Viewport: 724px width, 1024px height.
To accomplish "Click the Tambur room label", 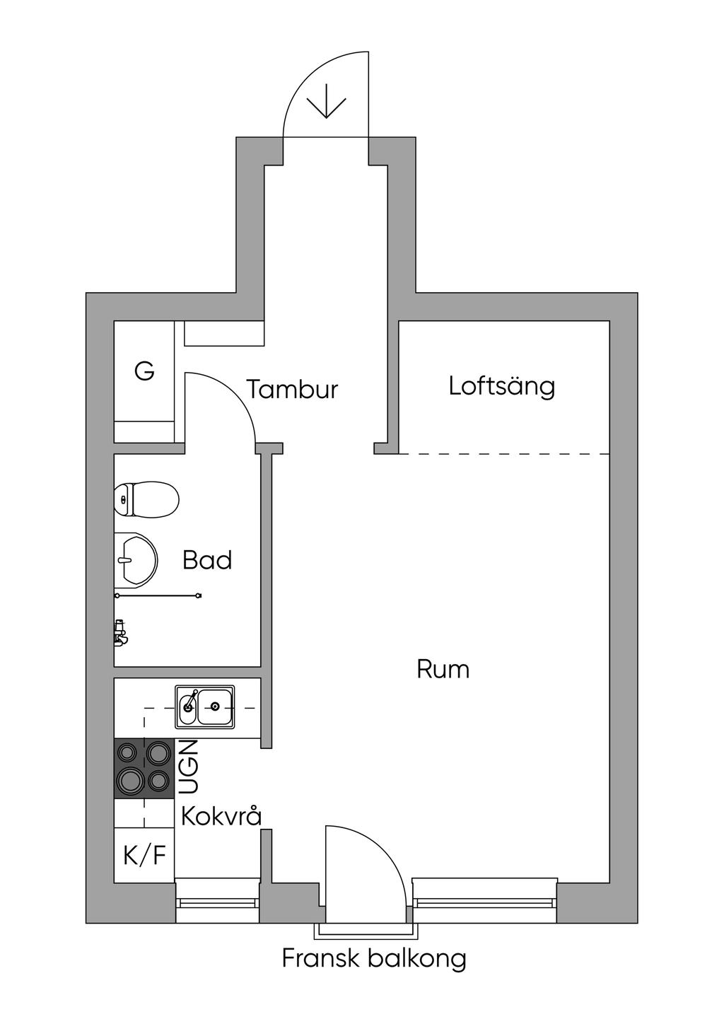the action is pos(293,390).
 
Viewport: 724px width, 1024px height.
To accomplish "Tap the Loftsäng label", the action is pos(502,386).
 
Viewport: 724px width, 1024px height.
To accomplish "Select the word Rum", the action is pos(443,670).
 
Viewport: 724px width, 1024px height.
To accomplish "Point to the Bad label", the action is pos(207,560).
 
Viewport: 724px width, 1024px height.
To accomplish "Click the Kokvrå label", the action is pos(222,816).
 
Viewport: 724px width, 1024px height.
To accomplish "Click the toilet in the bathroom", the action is pos(146,499).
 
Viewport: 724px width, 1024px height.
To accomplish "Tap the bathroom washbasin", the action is pos(136,559).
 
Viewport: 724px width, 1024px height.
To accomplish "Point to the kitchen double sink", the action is pos(205,706).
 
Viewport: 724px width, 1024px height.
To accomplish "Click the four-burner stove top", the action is pos(144,768).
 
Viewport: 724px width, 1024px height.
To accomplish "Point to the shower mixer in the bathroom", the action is pos(120,632).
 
